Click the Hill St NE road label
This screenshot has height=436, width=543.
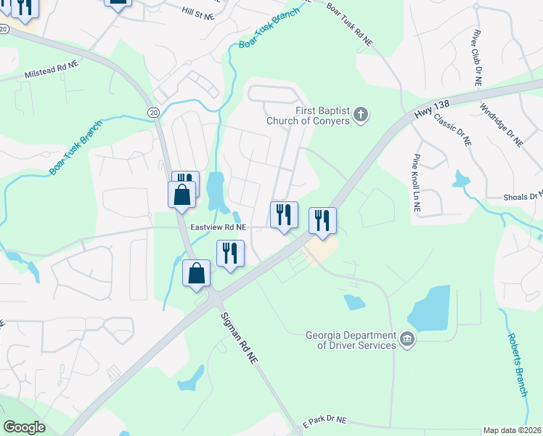coord(199,14)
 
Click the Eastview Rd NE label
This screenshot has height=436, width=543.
coord(219,227)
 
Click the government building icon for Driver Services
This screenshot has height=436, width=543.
coord(408,339)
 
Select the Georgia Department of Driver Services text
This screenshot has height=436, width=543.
coord(351,340)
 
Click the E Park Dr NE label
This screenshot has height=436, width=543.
coord(324,421)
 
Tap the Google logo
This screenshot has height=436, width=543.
coord(24,427)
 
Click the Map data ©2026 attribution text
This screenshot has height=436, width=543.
coord(512,430)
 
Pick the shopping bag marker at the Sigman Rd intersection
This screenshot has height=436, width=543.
coord(197,274)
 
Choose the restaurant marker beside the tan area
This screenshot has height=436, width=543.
coord(322,220)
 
